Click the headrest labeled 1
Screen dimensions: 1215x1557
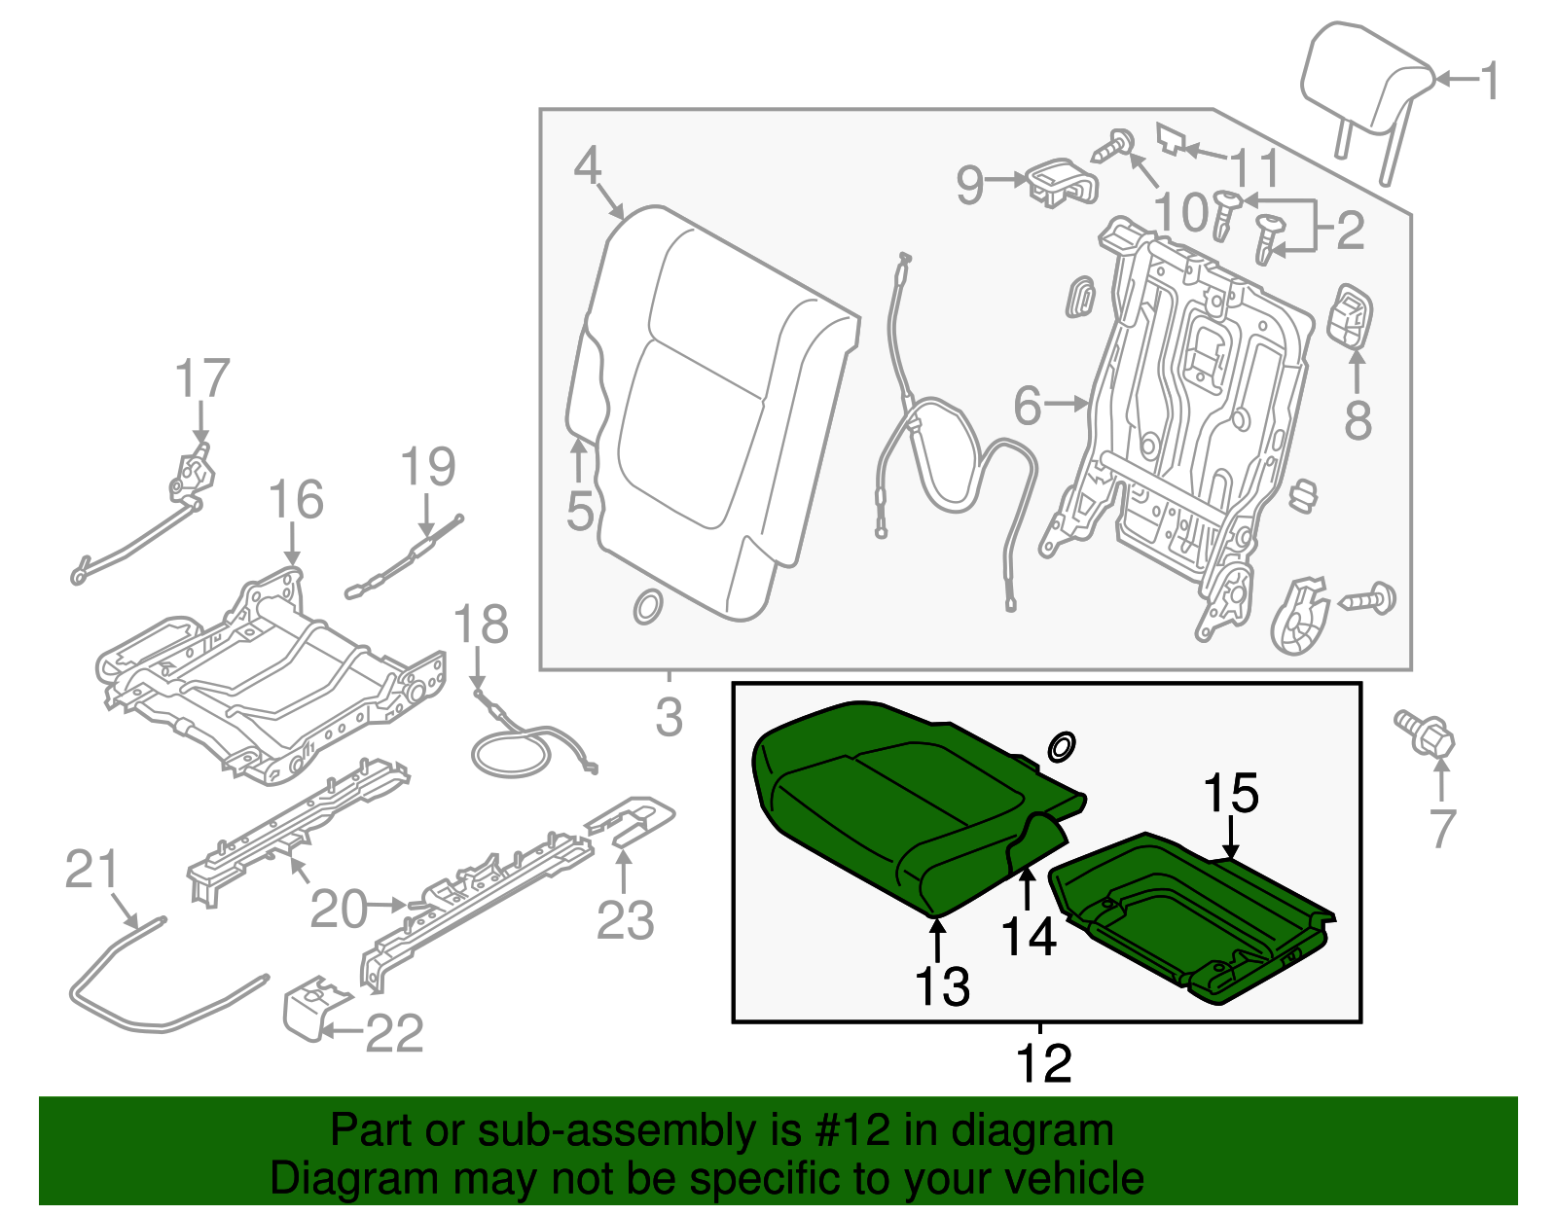coord(1364,83)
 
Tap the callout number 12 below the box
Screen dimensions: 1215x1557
coord(1043,1064)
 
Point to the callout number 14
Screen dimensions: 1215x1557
coord(1029,937)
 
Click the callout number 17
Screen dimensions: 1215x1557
coord(202,379)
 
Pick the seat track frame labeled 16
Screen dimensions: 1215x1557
coord(272,671)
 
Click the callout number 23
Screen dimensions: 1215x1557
coord(625,920)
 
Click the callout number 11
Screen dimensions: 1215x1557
coord(1256,168)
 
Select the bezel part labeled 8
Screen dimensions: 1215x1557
coord(1350,316)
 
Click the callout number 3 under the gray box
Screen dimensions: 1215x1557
coord(670,718)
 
